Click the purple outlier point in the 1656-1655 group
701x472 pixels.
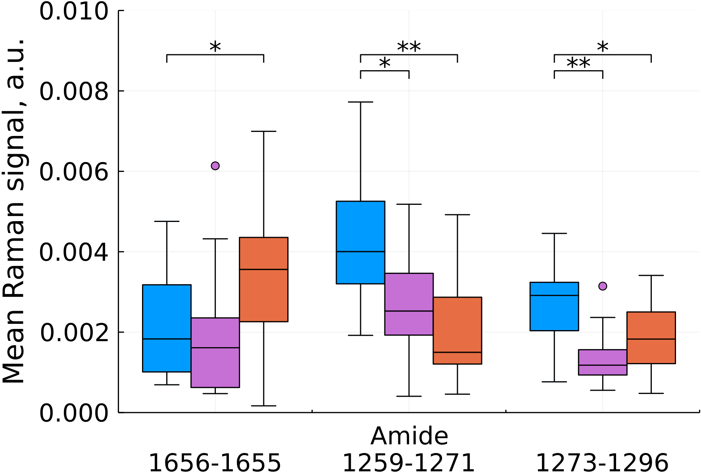point(215,166)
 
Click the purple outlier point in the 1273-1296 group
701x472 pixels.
point(603,286)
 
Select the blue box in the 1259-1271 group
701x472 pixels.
point(361,242)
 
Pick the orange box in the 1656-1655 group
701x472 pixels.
point(263,279)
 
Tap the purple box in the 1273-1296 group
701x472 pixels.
point(603,362)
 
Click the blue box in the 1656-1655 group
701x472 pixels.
point(167,328)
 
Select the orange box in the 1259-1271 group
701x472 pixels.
point(457,330)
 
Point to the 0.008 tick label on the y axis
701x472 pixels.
point(74,92)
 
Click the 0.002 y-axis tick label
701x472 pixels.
point(74,333)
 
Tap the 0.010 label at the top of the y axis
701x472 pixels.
point(74,11)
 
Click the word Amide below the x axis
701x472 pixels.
point(409,436)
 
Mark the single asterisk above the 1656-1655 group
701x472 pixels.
point(215,48)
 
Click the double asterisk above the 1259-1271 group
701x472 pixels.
point(409,48)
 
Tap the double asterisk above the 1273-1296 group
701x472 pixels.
point(578,64)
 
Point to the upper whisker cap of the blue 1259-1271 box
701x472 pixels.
point(361,102)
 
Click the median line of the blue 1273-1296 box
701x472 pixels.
point(554,295)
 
